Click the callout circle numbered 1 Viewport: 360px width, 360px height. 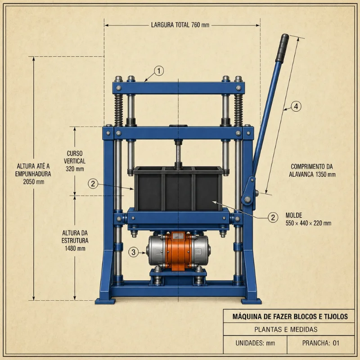pos(159,71)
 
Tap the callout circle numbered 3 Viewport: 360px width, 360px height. pos(133,252)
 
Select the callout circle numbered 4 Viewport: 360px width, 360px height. pos(296,106)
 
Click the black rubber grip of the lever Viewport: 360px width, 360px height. pos(282,48)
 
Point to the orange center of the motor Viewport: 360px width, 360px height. pos(178,251)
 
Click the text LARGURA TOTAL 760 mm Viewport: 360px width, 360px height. pos(180,25)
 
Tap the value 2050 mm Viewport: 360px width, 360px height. pos(33,182)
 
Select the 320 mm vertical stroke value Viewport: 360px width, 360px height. pos(75,169)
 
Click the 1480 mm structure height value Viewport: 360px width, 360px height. pos(75,248)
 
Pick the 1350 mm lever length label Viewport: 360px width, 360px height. pos(312,175)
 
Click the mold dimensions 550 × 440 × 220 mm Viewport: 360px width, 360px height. pos(308,223)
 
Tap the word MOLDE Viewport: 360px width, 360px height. pos(294,216)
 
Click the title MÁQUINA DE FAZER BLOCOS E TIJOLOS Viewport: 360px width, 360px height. pos(290,317)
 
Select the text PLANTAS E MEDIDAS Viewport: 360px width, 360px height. pos(286,329)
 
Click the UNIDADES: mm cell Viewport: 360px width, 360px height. pos(255,343)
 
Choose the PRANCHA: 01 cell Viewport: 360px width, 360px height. pos(321,343)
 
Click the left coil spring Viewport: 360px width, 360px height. pos(118,110)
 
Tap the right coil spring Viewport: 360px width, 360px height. pos(238,110)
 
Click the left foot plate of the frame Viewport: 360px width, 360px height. pos(105,301)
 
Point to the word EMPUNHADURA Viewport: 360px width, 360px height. pos(33,174)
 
